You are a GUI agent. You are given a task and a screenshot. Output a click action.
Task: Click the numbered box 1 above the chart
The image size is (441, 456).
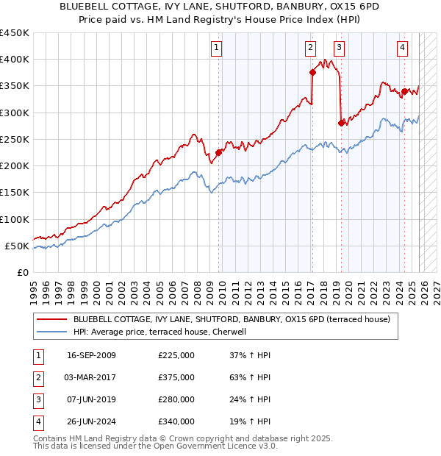pos(218,49)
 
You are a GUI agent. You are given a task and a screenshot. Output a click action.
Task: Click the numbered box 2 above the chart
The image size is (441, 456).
pos(310,49)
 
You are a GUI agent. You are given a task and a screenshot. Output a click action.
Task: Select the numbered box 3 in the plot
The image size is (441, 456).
pos(339,49)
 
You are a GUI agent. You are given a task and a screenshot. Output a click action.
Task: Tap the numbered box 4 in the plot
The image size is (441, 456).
pos(403,49)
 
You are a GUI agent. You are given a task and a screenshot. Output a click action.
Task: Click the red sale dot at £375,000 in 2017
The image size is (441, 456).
pos(312,72)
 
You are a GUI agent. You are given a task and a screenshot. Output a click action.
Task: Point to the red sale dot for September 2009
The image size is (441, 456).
pos(218,152)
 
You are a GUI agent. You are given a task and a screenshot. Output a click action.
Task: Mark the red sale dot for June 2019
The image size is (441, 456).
pos(340,123)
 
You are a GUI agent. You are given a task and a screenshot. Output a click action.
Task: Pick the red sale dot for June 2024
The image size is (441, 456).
pos(404,91)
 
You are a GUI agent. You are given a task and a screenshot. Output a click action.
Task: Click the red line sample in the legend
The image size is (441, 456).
pos(51,319)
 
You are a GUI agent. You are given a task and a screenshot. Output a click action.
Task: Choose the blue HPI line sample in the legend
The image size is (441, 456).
pos(51,332)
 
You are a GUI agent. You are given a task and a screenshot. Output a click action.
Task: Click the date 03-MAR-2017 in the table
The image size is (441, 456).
pos(91,377)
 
